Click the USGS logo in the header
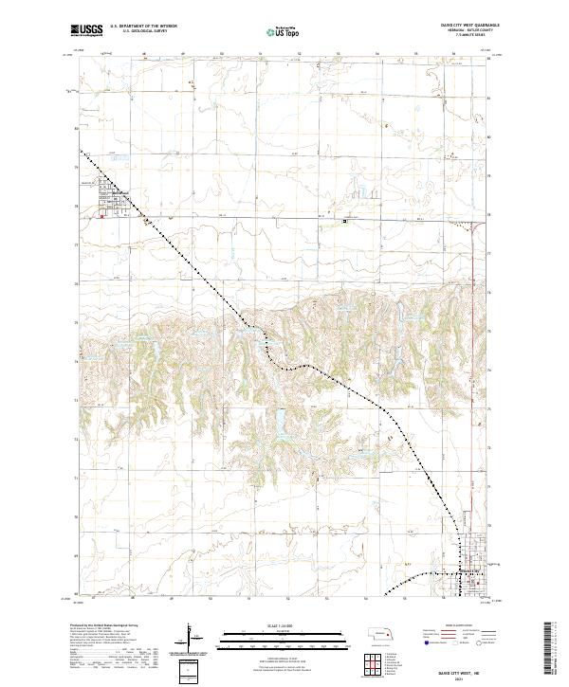point(87,31)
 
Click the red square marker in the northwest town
point(102,216)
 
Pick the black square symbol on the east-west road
point(345,221)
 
